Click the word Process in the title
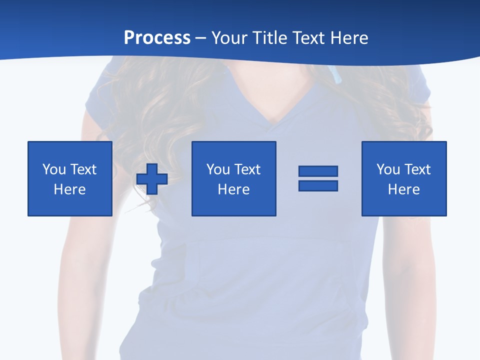pos(157,38)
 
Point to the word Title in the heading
pos(268,38)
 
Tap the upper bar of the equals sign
pos(318,171)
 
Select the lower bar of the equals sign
pos(318,185)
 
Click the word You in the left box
pos(54,169)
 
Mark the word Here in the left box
pos(69,189)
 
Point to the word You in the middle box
pos(218,169)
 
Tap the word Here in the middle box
pos(233,189)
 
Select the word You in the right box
pos(388,169)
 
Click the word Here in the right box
pos(403,189)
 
